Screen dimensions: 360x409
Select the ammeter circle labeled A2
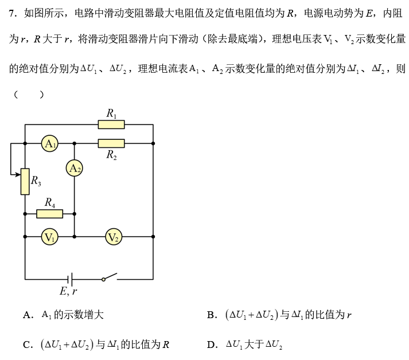[x=74, y=168]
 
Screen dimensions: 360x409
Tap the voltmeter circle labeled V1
[x=50, y=236]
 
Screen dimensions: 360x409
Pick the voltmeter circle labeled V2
[x=114, y=236]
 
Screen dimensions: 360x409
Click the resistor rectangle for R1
[x=111, y=124]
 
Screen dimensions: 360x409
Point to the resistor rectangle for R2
[x=111, y=143]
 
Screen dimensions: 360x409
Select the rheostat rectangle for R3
[x=25, y=182]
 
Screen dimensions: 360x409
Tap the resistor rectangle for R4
[x=50, y=214]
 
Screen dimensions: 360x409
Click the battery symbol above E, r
[x=69, y=279]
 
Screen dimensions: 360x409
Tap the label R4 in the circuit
[x=50, y=202]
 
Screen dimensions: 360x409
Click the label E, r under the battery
[x=68, y=291]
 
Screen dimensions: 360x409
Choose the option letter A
[x=27, y=315]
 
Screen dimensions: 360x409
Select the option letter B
[x=211, y=315]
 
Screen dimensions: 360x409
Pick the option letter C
[x=27, y=345]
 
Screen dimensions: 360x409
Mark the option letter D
[x=211, y=345]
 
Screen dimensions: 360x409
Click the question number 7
[x=12, y=13]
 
